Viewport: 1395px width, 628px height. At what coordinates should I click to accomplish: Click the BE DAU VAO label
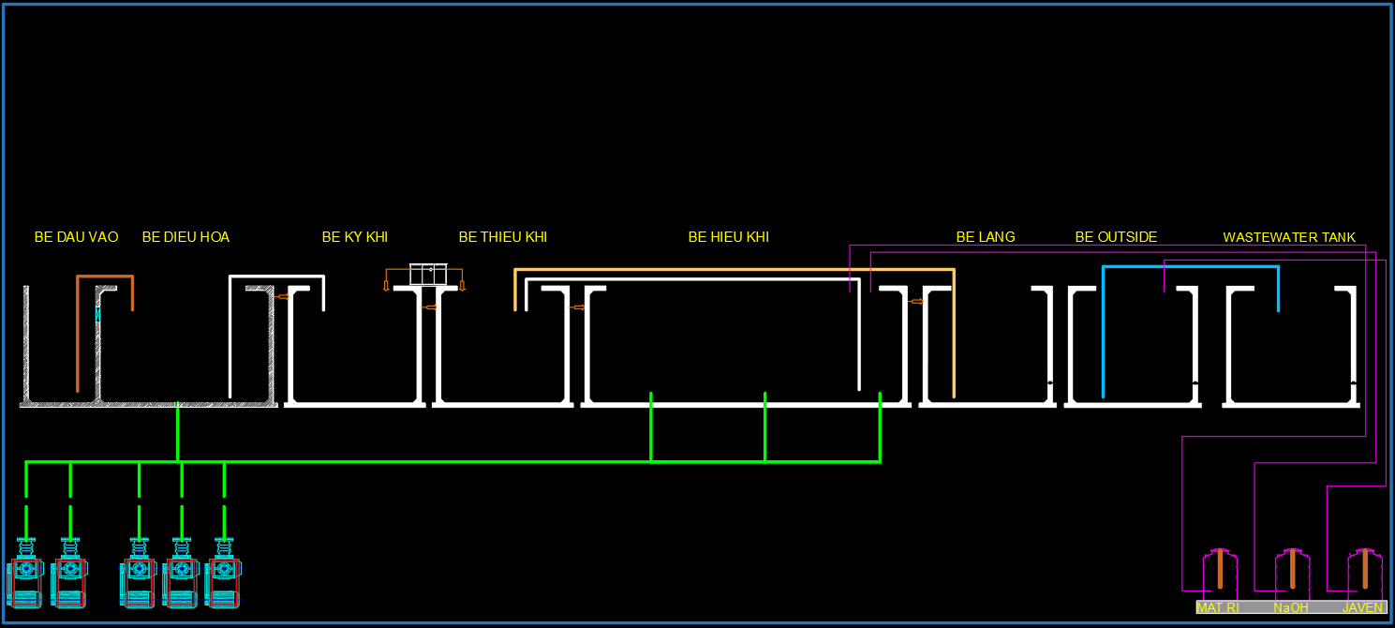pyautogui.click(x=76, y=237)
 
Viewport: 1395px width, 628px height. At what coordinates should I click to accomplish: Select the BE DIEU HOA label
pyautogui.click(x=186, y=237)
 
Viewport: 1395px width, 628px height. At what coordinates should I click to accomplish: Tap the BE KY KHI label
pyautogui.click(x=354, y=237)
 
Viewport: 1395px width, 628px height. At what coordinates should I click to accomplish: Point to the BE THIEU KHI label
pyautogui.click(x=502, y=237)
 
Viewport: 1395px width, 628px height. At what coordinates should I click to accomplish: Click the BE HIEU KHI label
pyautogui.click(x=728, y=237)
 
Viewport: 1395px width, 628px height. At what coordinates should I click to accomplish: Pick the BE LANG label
pyautogui.click(x=986, y=237)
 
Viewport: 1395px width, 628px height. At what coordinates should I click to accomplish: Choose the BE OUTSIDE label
pyautogui.click(x=1116, y=237)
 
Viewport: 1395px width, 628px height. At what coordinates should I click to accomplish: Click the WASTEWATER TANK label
pyautogui.click(x=1289, y=237)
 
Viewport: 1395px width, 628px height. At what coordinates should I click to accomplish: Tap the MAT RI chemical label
pyautogui.click(x=1218, y=607)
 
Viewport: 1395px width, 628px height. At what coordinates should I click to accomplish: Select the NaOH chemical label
pyautogui.click(x=1290, y=607)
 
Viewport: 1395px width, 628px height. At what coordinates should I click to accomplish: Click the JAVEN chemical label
pyautogui.click(x=1362, y=607)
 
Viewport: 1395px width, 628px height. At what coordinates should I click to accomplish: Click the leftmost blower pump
pyautogui.click(x=25, y=574)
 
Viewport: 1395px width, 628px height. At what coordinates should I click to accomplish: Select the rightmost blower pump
pyautogui.click(x=223, y=574)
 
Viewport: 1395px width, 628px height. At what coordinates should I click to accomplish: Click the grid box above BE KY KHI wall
pyautogui.click(x=428, y=274)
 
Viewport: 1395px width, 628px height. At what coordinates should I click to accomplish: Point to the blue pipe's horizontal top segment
pyautogui.click(x=1191, y=266)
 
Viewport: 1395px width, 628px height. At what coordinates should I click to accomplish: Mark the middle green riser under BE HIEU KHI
pyautogui.click(x=764, y=427)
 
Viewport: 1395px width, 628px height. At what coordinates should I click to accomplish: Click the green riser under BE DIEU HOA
pyautogui.click(x=178, y=432)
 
